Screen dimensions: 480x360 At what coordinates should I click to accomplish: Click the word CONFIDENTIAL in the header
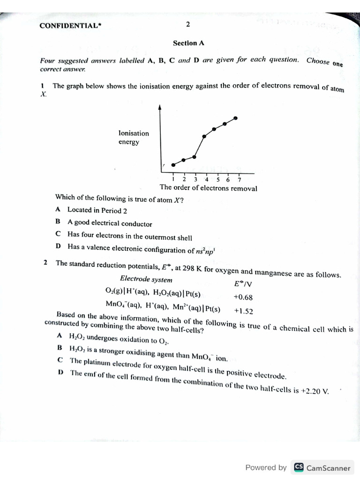tap(69, 26)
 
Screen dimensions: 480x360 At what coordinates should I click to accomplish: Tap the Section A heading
tap(188, 43)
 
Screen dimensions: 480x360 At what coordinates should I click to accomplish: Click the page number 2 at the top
tap(187, 24)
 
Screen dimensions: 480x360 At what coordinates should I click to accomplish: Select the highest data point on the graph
tap(235, 118)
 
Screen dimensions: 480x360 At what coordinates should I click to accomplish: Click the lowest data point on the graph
tap(173, 165)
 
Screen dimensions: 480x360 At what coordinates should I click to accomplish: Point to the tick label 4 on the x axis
tap(206, 179)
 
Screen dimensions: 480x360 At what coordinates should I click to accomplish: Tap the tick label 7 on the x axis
tap(239, 179)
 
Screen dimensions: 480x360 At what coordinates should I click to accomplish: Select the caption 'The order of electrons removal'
tap(208, 188)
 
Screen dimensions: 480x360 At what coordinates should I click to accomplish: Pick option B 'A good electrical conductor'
tap(110, 224)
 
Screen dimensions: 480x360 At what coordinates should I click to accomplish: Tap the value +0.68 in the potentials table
tap(243, 297)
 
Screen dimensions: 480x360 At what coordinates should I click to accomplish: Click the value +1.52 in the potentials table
tap(243, 310)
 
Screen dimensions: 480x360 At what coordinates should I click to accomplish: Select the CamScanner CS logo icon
tap(298, 467)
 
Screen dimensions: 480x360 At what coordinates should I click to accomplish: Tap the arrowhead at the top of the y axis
tap(160, 107)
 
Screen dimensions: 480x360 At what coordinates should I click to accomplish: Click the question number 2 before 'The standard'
tap(46, 262)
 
